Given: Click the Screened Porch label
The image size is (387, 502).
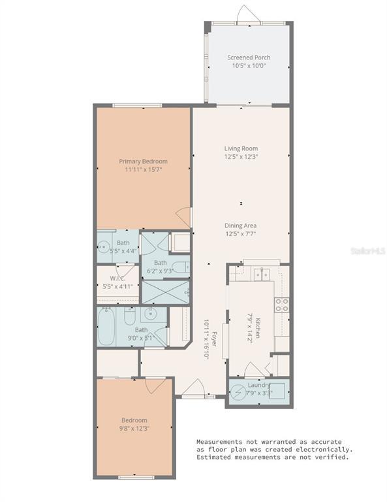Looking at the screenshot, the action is point(249,58).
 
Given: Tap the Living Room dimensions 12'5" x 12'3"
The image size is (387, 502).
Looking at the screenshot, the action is point(241,157).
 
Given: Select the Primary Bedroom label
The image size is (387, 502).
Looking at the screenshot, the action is point(143,161).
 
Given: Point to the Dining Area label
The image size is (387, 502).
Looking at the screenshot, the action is point(240,226).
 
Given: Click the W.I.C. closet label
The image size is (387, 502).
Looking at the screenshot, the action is point(117,278).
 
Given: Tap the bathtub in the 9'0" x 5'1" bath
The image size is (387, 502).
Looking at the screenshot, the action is point(106,327).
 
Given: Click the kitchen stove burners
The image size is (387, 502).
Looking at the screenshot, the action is point(282,305).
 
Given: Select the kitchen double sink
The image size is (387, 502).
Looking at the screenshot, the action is point(262,275).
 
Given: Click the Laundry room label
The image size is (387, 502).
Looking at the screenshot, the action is point(259,385).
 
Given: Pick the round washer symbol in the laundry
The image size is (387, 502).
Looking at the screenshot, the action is point(238,392).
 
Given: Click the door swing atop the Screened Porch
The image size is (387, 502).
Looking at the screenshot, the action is point(246,14).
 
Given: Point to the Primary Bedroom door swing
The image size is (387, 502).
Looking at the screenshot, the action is point(185,217).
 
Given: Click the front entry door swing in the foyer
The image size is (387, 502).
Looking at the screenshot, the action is point(194,387).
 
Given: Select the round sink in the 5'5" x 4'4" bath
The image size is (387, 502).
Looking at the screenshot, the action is point(103,246).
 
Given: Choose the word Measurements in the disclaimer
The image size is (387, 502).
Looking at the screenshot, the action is point(219,442).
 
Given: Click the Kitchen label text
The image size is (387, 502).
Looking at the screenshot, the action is point(258,328).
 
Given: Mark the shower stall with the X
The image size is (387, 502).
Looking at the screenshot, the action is point(166,292).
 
